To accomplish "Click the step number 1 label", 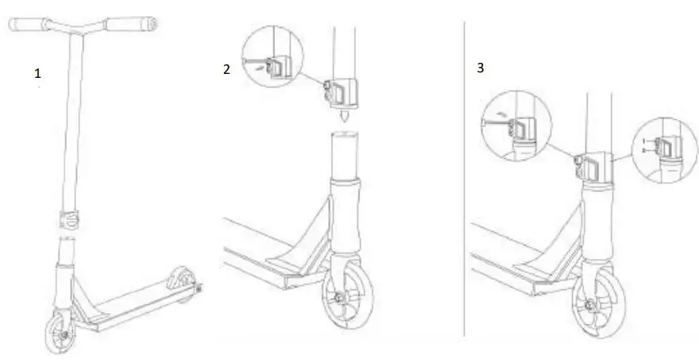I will pyautogui.click(x=37, y=73).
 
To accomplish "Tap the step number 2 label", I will pyautogui.click(x=226, y=69).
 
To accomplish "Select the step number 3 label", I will pyautogui.click(x=481, y=68).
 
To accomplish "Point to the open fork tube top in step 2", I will pyautogui.click(x=346, y=137).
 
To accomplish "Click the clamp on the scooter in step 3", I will pyautogui.click(x=593, y=166).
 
